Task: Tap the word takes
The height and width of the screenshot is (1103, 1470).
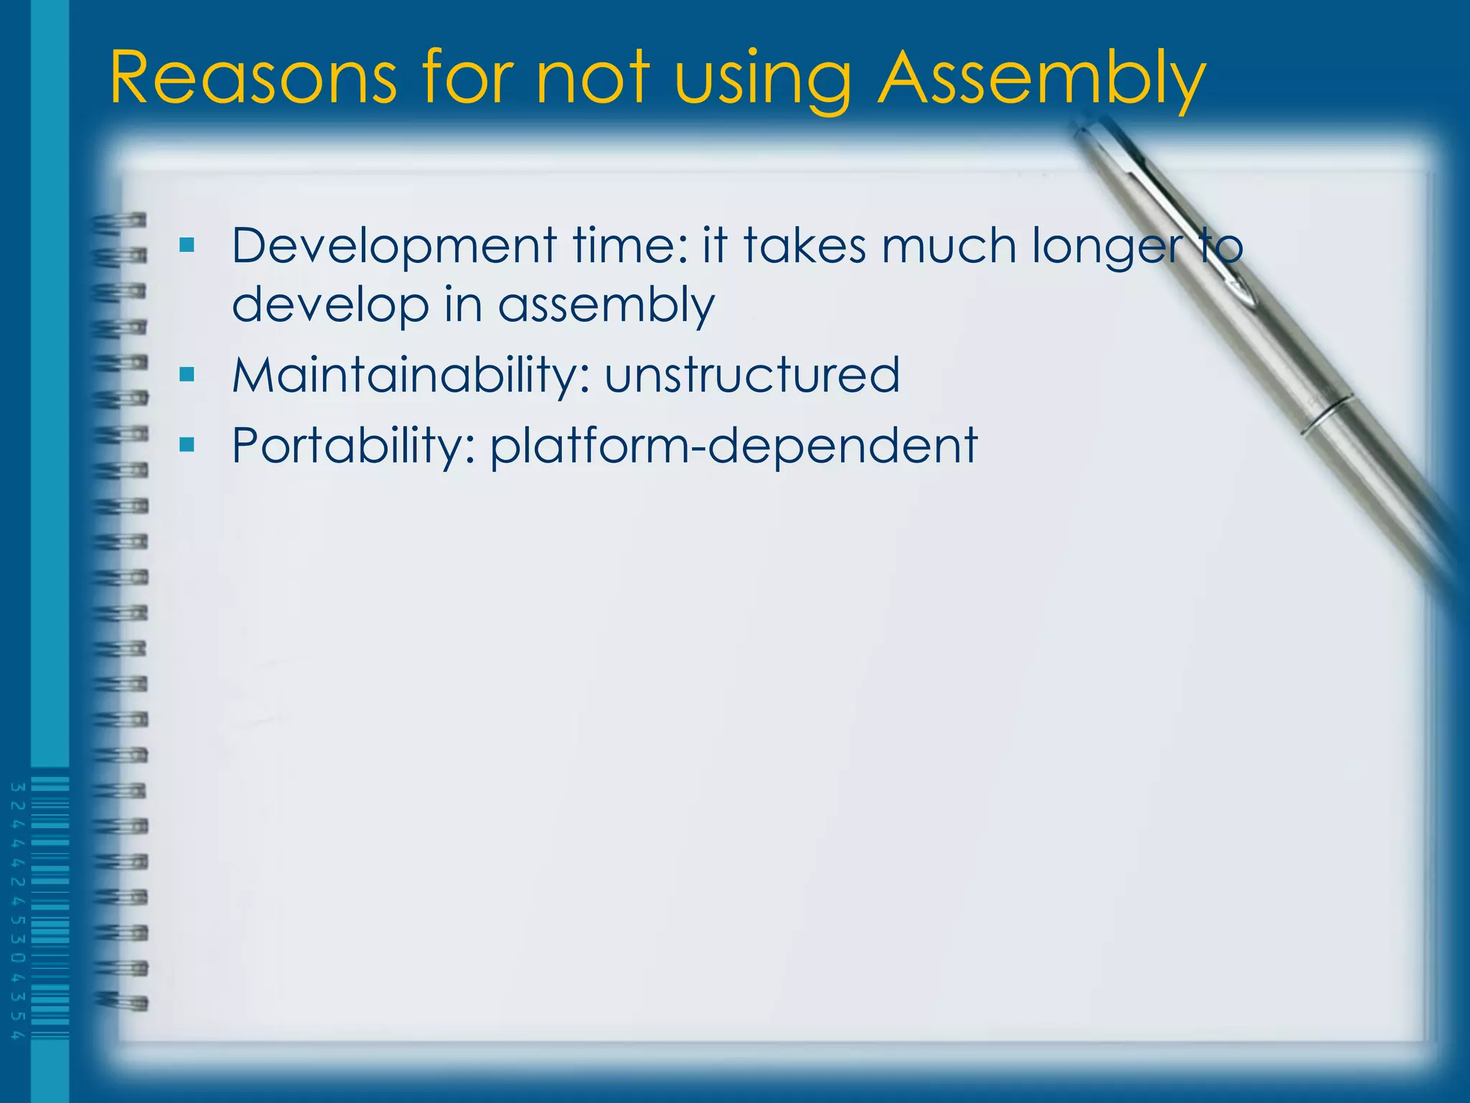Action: (x=804, y=246)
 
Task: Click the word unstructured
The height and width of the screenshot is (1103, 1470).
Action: (x=752, y=375)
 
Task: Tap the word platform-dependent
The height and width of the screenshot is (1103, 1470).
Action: (x=733, y=447)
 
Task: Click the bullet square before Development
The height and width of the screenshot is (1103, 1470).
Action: (x=187, y=246)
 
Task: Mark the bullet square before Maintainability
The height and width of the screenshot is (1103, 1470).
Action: (x=187, y=374)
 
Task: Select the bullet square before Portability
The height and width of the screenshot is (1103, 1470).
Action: (x=187, y=445)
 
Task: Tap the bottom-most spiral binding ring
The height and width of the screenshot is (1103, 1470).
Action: (x=122, y=1001)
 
